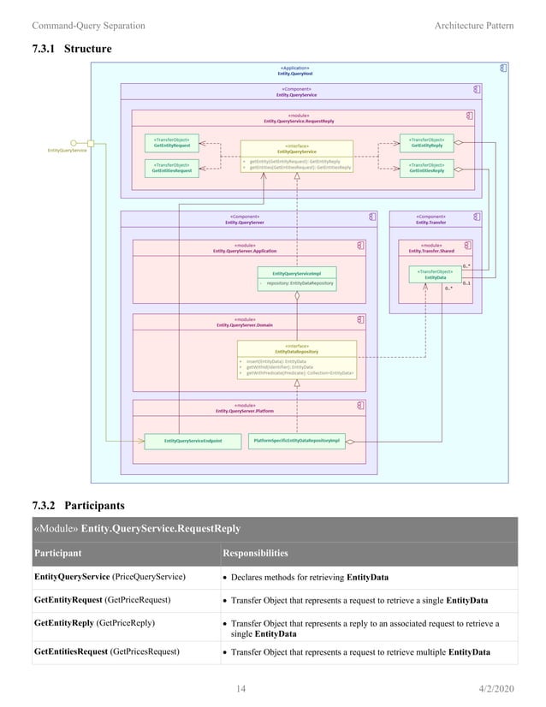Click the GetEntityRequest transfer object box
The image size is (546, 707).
point(170,142)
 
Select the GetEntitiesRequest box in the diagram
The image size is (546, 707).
point(170,168)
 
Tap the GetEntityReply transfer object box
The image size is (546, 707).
point(425,142)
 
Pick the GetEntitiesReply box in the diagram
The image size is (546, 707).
point(425,168)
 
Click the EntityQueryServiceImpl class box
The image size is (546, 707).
point(296,277)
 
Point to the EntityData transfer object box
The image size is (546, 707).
point(435,274)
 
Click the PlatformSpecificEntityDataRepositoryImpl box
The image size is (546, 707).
point(297,441)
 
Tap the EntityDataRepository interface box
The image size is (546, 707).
point(296,359)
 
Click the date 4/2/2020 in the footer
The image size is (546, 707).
point(496,687)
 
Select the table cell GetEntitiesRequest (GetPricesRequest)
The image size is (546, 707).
point(106,651)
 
